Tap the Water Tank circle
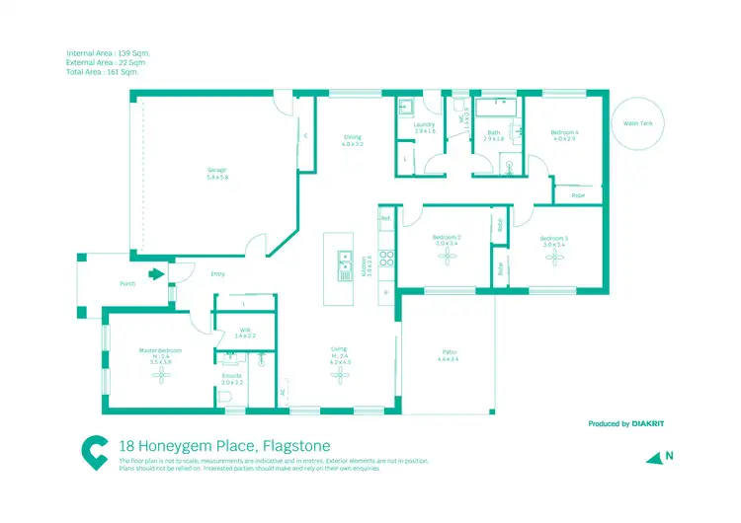coord(637,125)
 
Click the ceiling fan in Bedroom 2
coord(449,257)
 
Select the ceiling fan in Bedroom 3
coord(553,259)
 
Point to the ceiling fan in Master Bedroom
coord(155,377)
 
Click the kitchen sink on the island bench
coord(344,261)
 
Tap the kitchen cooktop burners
coord(387,261)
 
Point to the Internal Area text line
coord(109,52)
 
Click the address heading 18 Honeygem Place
coord(223,447)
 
